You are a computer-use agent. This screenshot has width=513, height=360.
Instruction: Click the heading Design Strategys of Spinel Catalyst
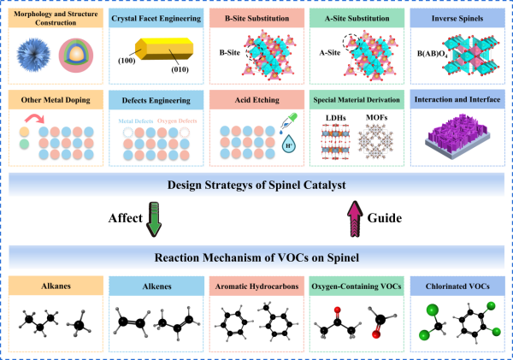(256, 184)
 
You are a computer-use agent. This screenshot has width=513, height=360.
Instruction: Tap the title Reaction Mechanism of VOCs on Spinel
(256, 257)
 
